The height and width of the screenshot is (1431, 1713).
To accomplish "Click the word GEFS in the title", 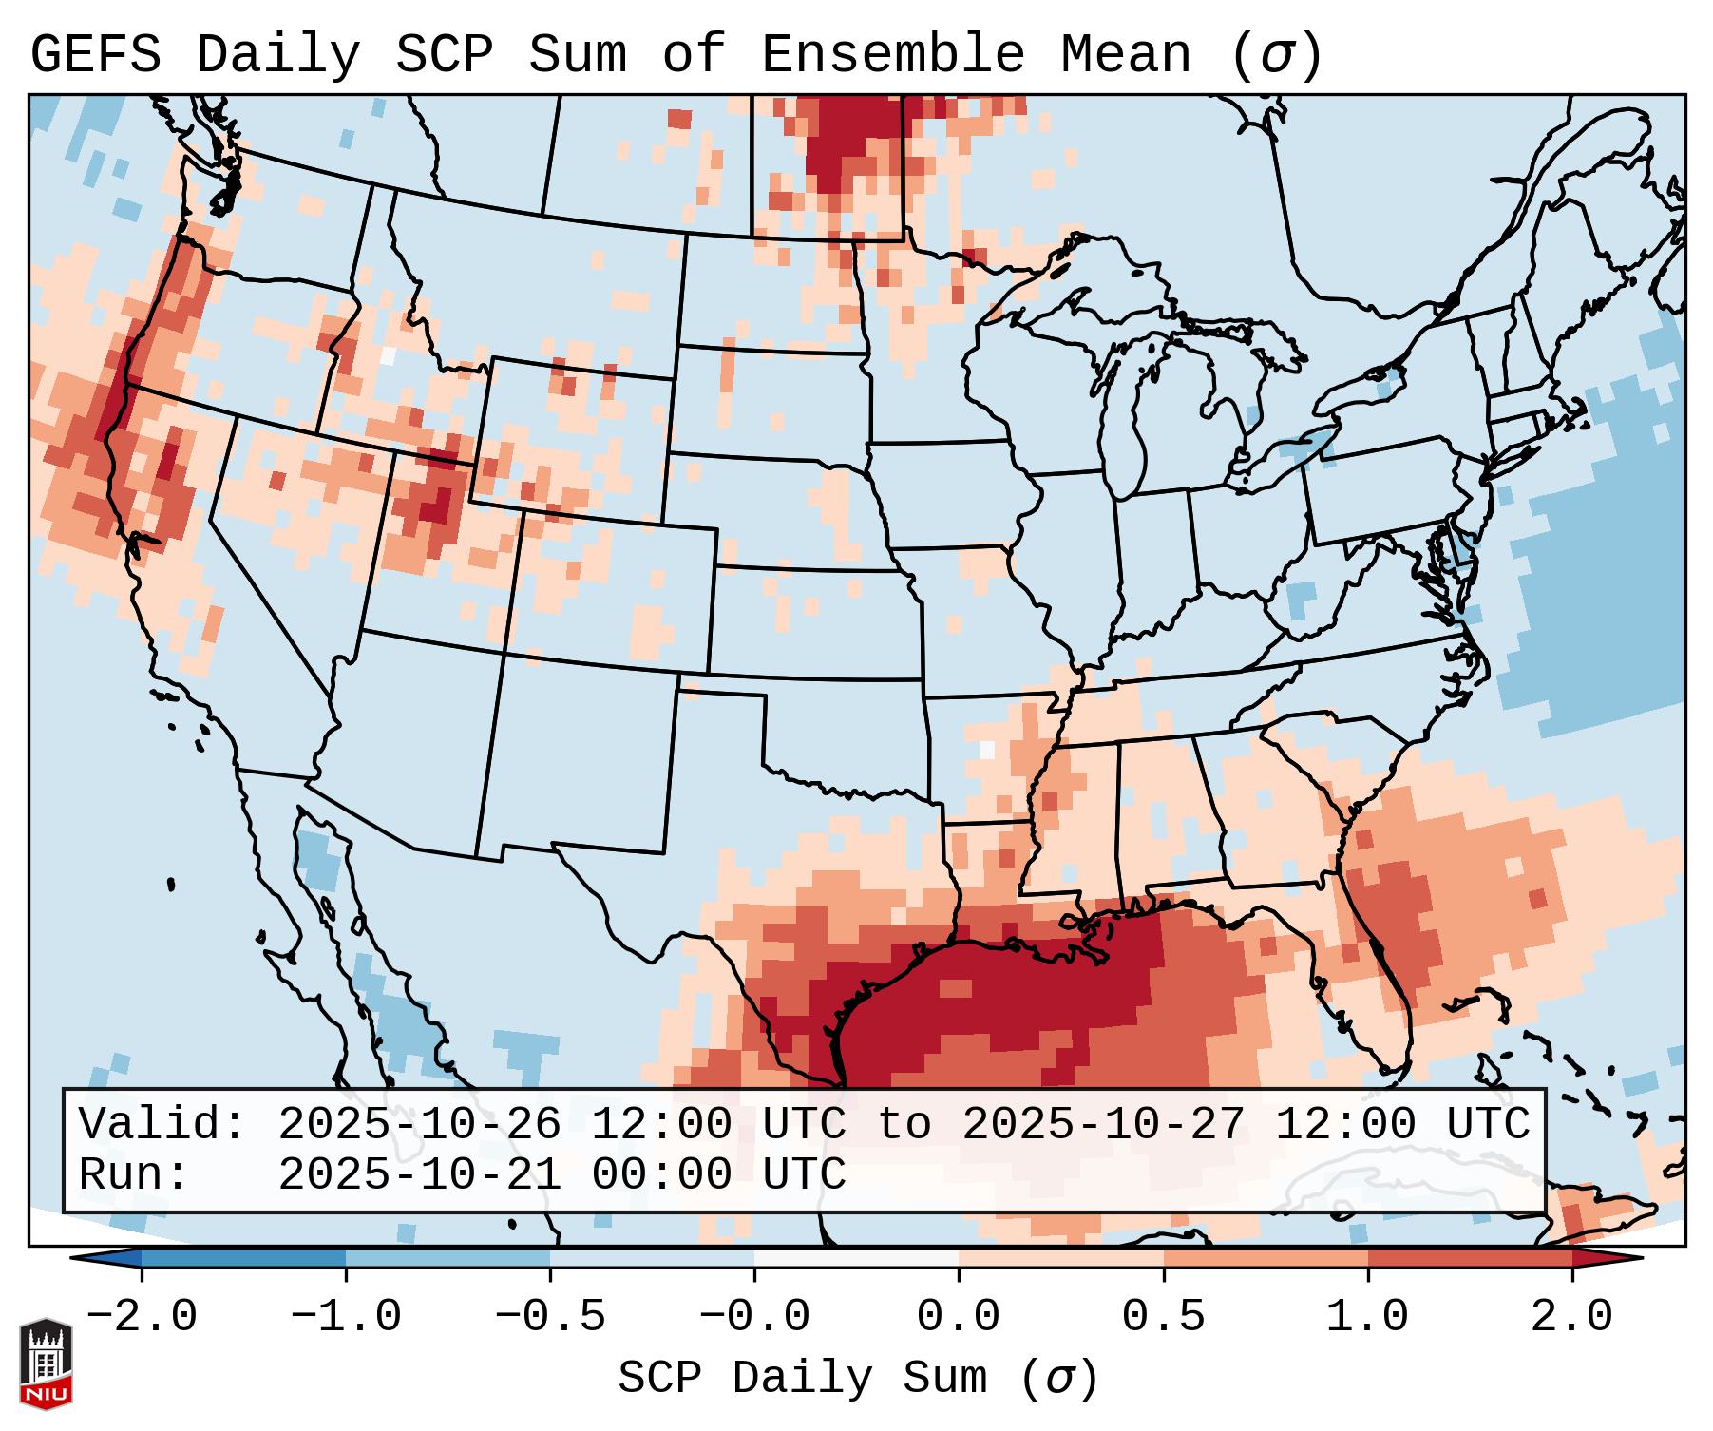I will pos(95,55).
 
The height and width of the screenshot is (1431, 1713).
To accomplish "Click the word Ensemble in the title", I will pos(892,55).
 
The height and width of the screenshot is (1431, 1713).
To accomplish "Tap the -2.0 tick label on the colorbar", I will pos(142,1317).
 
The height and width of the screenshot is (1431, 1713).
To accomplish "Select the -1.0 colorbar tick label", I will pos(346,1317).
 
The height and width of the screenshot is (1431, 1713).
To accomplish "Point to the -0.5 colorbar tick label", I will pos(550,1317).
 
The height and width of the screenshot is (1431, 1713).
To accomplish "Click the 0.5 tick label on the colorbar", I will pos(1163,1317).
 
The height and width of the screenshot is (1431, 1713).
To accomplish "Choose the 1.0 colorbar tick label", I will pos(1367,1317).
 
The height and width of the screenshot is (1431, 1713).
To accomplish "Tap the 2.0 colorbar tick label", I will pos(1571,1317).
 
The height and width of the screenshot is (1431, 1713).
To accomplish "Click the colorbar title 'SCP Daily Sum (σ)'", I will pos(857,1378).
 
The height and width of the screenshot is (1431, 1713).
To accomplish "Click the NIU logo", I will pos(46,1364).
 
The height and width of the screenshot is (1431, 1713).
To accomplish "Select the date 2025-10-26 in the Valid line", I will pos(419,1125).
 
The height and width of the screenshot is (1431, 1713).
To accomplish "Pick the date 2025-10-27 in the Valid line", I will pos(1103,1125).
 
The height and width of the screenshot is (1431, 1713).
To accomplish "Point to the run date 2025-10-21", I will pos(419,1175).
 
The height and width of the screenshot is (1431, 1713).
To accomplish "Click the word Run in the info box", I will pos(127,1175).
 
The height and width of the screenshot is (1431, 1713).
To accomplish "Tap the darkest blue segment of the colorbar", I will pos(243,1258).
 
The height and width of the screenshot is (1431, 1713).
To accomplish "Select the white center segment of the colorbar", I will pos(856,1258).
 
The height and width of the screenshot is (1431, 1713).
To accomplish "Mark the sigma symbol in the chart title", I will pos(1275,55).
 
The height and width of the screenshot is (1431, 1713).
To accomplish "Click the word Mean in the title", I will pos(1125,55).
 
